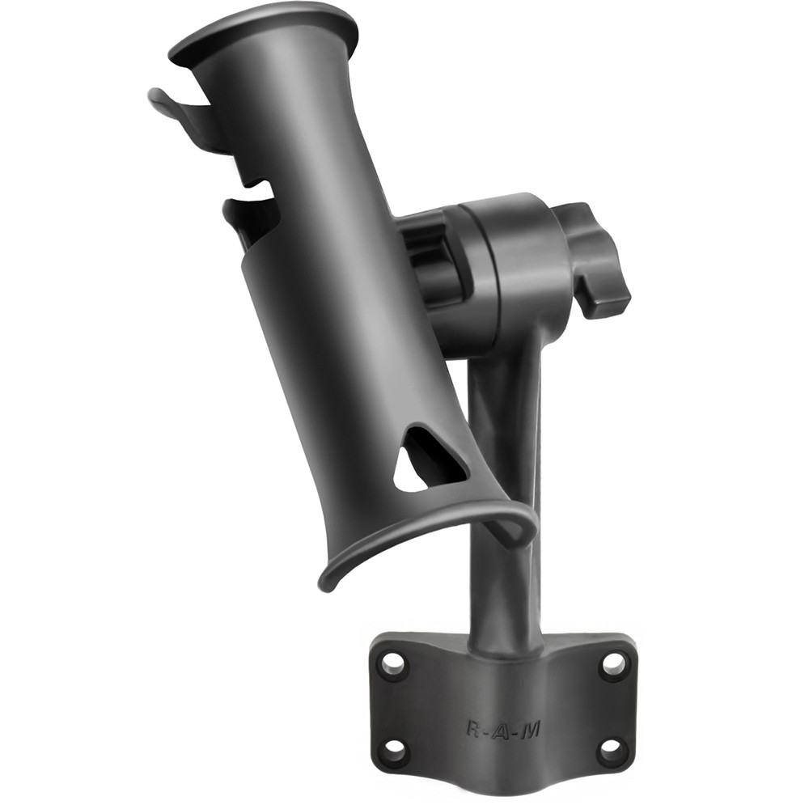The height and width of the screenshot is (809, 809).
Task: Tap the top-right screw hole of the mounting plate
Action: (613, 664)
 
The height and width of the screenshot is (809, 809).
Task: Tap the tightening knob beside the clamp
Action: (595, 259)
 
